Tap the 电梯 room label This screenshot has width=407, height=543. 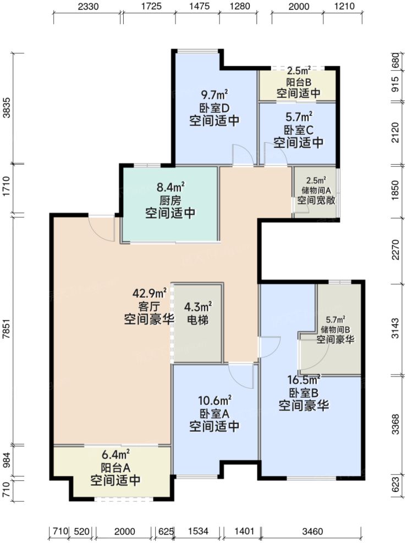(198, 319)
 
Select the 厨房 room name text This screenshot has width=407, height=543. (170, 200)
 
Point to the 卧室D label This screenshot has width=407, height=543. (214, 108)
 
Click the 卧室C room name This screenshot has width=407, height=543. (298, 130)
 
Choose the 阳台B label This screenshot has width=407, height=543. (298, 81)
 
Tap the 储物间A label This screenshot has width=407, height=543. (316, 190)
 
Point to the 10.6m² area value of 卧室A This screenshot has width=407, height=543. (214, 399)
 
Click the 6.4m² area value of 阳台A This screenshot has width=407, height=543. (115, 454)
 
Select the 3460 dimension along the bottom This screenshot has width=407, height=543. (312, 531)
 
